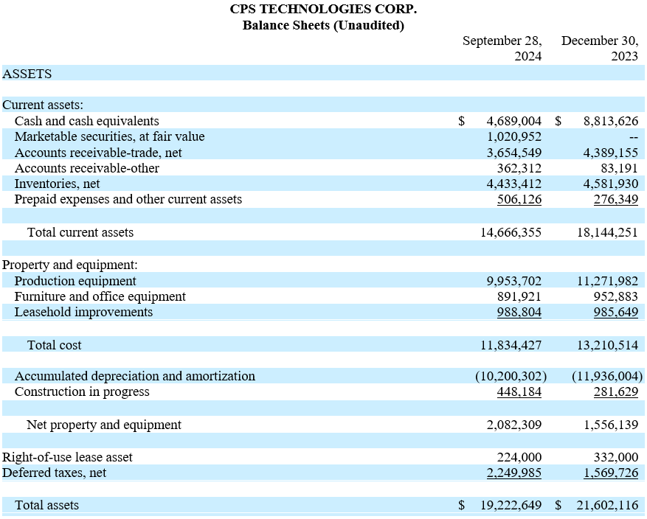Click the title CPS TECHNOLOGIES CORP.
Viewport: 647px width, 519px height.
pyautogui.click(x=323, y=9)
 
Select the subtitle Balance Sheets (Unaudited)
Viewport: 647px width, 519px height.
pyautogui.click(x=323, y=25)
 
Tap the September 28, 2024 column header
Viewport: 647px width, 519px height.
pyautogui.click(x=502, y=48)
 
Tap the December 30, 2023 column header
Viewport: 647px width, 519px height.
pyautogui.click(x=600, y=48)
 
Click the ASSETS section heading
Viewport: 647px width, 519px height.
pyautogui.click(x=27, y=74)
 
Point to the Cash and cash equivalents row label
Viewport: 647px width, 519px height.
pyautogui.click(x=86, y=121)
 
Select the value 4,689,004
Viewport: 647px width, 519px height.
pyautogui.click(x=513, y=121)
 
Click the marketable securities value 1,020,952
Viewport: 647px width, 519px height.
pyautogui.click(x=513, y=136)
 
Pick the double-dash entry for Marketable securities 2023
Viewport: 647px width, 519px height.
pyautogui.click(x=634, y=137)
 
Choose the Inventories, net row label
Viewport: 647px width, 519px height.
pyautogui.click(x=58, y=184)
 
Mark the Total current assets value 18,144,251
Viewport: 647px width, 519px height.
pyautogui.click(x=607, y=232)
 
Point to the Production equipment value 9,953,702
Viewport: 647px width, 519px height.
pyautogui.click(x=513, y=281)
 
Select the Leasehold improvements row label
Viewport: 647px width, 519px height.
pyautogui.click(x=84, y=312)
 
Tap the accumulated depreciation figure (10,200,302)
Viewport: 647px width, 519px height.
pyautogui.click(x=511, y=376)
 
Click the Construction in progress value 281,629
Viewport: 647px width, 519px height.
pyautogui.click(x=616, y=391)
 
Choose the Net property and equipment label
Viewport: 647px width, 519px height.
pyautogui.click(x=104, y=425)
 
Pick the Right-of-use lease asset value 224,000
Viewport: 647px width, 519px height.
pyautogui.click(x=519, y=457)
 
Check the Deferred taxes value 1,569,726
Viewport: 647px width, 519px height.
pyautogui.click(x=611, y=473)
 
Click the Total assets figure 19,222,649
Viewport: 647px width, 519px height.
pyautogui.click(x=511, y=505)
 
